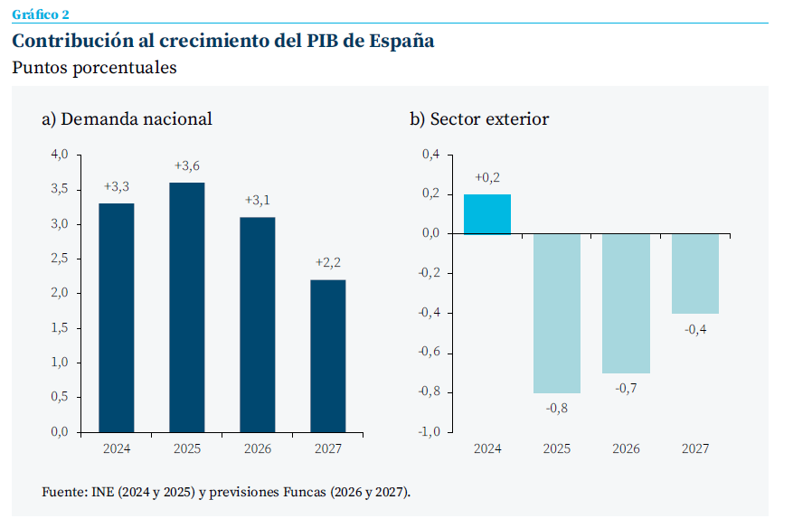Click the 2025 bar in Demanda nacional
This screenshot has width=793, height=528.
point(186,307)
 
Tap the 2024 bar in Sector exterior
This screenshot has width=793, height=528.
point(486,214)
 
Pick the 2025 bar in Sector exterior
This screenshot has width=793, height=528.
point(556,313)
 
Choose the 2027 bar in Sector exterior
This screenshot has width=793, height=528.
point(695,273)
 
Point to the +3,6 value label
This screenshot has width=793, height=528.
point(186,165)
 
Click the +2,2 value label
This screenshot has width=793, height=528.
point(327,262)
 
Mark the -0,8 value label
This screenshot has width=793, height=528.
point(556,408)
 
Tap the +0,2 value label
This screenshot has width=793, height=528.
point(486,177)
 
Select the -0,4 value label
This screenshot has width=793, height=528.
point(695,329)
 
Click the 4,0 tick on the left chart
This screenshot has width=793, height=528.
point(60,155)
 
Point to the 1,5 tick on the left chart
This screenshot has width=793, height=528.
point(60,328)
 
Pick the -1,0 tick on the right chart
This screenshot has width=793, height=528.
point(428,432)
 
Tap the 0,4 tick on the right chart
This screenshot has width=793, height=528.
point(430,155)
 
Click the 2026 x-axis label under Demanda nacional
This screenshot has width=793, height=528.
point(257,448)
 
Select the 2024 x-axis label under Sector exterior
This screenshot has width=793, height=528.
point(486,448)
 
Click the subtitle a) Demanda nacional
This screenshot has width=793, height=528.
point(127,118)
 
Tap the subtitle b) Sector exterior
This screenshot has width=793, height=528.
point(478,118)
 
